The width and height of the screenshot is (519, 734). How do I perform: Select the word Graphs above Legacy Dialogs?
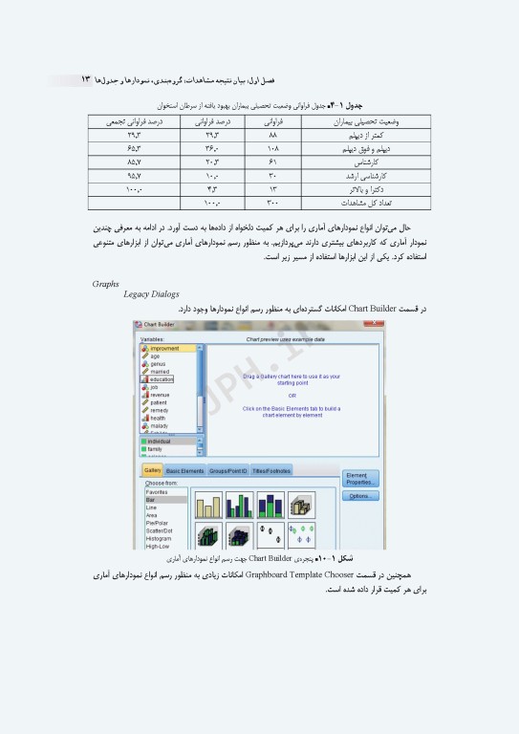pos(106,284)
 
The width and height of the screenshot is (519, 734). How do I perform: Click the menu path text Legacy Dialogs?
pos(151,294)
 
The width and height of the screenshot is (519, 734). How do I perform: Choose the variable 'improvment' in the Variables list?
pos(164,349)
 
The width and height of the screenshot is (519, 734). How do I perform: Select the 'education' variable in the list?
pos(162,379)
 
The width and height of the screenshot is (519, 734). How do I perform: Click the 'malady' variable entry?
pos(159,425)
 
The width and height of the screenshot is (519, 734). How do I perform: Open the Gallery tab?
pos(152,470)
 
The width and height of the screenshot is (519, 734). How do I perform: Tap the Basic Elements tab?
pos(185,471)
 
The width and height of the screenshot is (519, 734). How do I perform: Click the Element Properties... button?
pos(360,478)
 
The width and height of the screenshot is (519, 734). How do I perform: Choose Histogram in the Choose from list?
pos(159,538)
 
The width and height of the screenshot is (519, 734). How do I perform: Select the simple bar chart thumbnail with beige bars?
pos(208,506)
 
